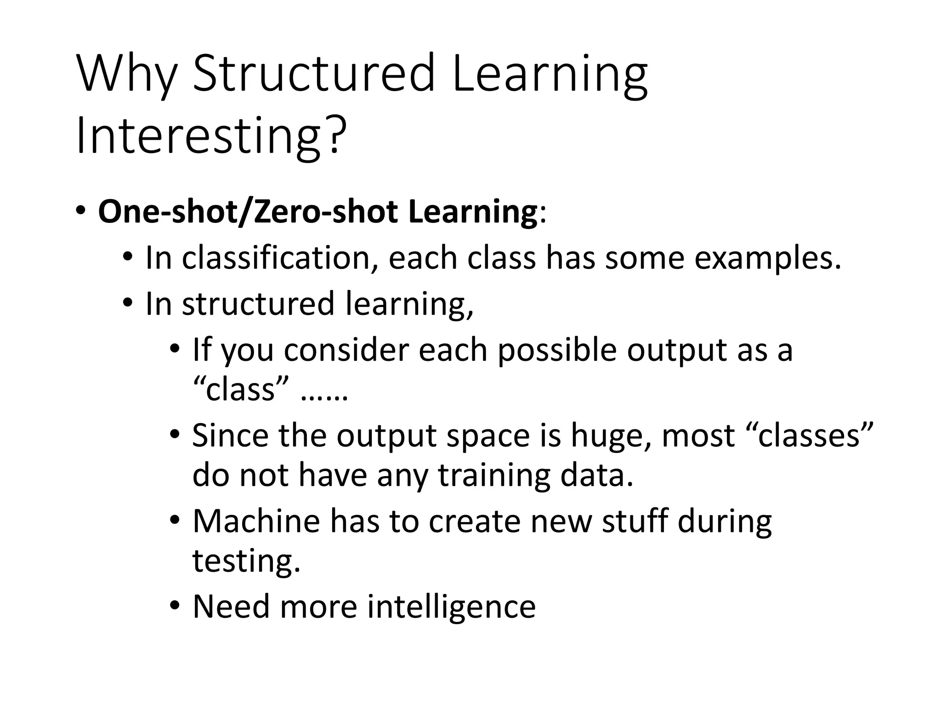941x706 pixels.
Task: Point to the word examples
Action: (767, 259)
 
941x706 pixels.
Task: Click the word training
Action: (494, 476)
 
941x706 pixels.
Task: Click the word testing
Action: (246, 561)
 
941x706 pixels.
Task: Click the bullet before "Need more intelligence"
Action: (174, 606)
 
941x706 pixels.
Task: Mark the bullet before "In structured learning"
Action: (127, 304)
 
